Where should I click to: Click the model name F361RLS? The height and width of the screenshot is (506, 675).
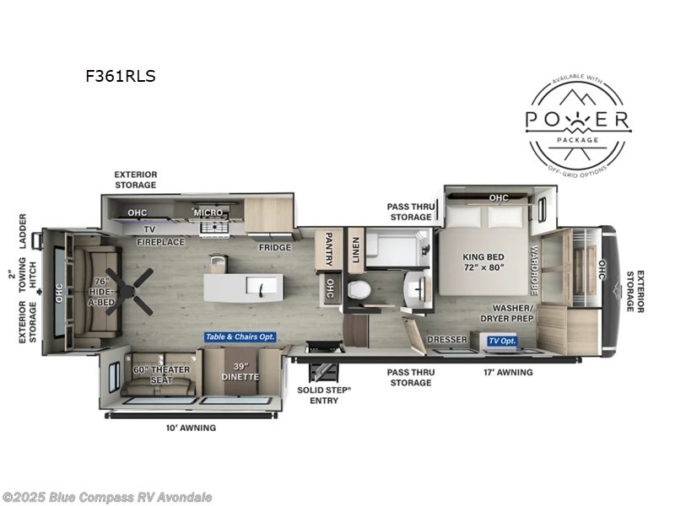pyautogui.click(x=120, y=76)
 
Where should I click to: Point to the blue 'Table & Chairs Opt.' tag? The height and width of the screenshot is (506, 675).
pyautogui.click(x=241, y=338)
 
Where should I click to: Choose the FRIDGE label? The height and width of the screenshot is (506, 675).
pyautogui.click(x=274, y=247)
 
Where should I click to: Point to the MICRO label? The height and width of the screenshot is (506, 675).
pyautogui.click(x=208, y=213)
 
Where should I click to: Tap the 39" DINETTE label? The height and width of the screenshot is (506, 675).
pyautogui.click(x=240, y=371)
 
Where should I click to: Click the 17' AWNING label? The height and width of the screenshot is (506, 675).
pyautogui.click(x=508, y=372)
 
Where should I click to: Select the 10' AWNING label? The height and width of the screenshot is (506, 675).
pyautogui.click(x=191, y=428)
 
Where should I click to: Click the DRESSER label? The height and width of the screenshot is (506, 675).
pyautogui.click(x=447, y=340)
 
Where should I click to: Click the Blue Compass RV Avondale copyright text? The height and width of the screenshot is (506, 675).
pyautogui.click(x=107, y=497)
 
